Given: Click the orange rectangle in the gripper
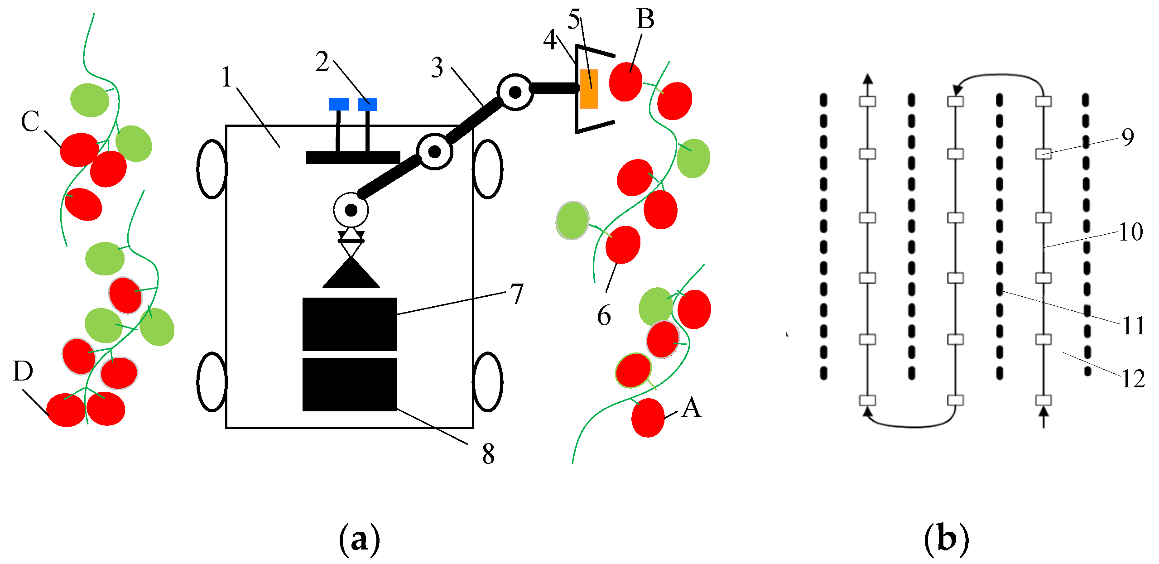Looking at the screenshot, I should pyautogui.click(x=589, y=89).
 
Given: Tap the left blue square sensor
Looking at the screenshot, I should pyautogui.click(x=339, y=104).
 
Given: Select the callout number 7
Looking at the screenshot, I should pyautogui.click(x=517, y=294).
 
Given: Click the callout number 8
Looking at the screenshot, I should pyautogui.click(x=488, y=453).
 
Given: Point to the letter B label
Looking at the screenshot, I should pyautogui.click(x=645, y=19).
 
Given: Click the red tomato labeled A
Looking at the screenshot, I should pyautogui.click(x=648, y=418).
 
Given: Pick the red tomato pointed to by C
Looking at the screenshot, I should pyautogui.click(x=79, y=149).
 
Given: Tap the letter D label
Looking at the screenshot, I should pyautogui.click(x=23, y=371).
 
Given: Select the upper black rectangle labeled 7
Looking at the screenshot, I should pyautogui.click(x=349, y=324).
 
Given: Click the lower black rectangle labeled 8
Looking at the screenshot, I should pyautogui.click(x=349, y=384).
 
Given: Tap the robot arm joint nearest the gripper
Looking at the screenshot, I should pyautogui.click(x=515, y=92).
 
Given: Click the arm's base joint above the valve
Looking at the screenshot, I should pyautogui.click(x=351, y=210).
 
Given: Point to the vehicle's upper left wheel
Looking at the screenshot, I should pyautogui.click(x=212, y=169).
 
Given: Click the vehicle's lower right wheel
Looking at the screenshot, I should pyautogui.click(x=488, y=382).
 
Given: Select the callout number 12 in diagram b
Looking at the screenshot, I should pyautogui.click(x=1133, y=379).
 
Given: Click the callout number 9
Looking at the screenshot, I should pyautogui.click(x=1128, y=137).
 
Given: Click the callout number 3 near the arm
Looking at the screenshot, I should pyautogui.click(x=437, y=68).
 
